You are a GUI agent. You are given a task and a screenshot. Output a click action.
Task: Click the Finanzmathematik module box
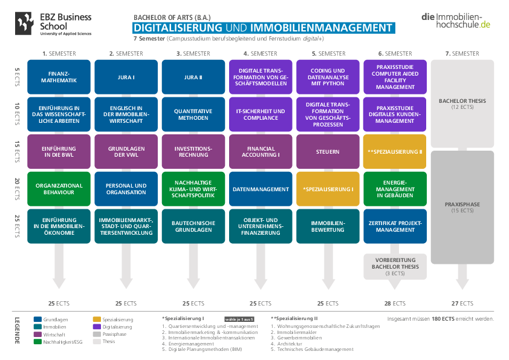click(x=59, y=77)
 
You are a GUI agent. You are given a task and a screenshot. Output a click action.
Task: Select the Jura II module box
click(x=193, y=77)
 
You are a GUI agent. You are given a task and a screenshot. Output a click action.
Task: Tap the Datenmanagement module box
click(x=261, y=189)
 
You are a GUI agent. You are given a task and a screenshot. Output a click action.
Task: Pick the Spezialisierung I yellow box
click(x=328, y=189)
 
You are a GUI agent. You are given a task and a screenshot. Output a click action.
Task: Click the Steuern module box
click(x=328, y=151)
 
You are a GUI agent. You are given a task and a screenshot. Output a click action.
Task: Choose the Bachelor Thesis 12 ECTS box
click(x=462, y=103)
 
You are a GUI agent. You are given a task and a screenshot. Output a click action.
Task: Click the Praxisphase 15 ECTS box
click(x=462, y=208)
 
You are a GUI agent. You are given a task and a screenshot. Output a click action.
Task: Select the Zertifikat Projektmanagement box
click(x=395, y=226)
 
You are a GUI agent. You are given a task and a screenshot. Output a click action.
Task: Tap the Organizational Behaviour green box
click(x=59, y=189)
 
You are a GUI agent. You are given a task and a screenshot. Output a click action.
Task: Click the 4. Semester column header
click(x=261, y=53)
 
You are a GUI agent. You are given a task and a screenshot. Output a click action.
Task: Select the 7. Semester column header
click(x=462, y=53)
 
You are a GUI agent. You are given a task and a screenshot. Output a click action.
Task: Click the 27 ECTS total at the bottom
click(x=462, y=303)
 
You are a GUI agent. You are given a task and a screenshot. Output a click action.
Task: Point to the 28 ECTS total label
click(x=395, y=303)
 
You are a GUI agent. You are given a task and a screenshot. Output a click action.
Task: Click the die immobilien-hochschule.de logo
click(x=456, y=20)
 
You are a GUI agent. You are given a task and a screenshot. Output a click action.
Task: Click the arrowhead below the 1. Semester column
click(x=59, y=283)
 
